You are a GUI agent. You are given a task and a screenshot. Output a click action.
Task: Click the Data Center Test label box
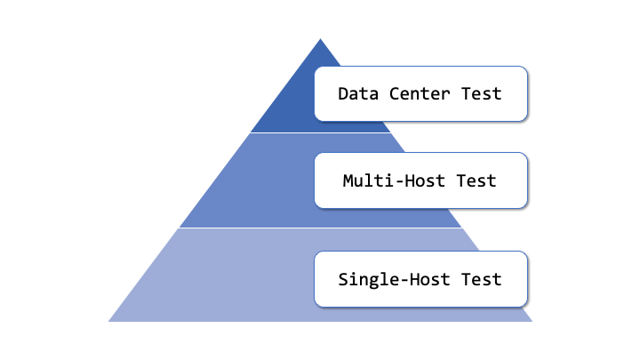pos(420,93)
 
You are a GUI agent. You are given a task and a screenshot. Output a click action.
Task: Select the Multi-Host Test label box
pos(420,181)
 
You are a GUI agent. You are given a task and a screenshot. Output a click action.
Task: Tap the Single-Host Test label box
pos(420,279)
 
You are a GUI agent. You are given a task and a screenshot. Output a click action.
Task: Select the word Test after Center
pos(482,93)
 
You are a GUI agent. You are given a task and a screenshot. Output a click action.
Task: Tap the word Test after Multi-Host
pos(476,181)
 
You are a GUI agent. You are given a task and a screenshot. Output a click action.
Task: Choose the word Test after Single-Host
pos(482,279)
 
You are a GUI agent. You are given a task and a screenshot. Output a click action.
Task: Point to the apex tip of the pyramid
pos(320,39)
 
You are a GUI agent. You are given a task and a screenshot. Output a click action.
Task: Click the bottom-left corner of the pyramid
pos(110,320)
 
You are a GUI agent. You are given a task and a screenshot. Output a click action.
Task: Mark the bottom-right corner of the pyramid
pos(531,320)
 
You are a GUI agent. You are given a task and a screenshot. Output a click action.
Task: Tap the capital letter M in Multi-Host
pos(348,181)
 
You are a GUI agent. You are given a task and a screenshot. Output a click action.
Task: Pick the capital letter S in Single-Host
pos(343,279)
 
